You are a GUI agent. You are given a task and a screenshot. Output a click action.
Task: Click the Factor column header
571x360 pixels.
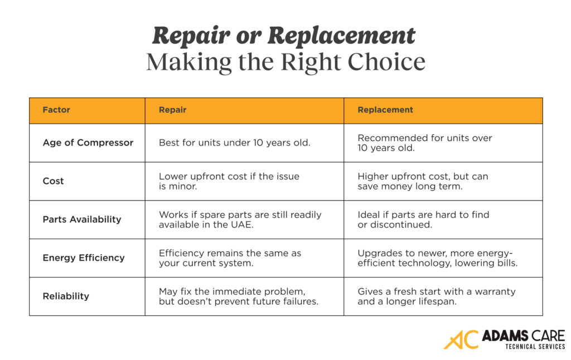coord(56,110)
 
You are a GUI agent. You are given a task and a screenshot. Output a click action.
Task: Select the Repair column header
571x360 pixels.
coord(172,110)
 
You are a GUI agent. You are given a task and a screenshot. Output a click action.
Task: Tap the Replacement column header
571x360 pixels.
coord(385,110)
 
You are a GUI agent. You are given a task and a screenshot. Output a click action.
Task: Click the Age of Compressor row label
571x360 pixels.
coord(88,143)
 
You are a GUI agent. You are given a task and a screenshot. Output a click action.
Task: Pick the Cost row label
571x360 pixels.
coord(54,181)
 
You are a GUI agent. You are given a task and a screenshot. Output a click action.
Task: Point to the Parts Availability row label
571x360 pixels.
coord(82,220)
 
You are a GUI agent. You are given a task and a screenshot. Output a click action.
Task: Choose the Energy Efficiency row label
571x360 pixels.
coord(84,258)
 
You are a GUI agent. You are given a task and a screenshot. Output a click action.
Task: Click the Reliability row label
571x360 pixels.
coord(65,296)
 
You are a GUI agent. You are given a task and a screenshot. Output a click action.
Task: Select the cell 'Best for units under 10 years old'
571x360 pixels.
coord(234,143)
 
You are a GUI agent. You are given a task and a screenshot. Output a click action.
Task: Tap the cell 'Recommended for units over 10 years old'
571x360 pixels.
coord(425,143)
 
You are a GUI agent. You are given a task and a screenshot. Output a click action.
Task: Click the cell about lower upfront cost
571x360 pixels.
coord(229,181)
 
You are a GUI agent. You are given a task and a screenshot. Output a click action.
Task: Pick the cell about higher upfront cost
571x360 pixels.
coord(423,181)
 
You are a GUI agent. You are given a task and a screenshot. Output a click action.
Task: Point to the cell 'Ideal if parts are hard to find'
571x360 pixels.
coord(423,220)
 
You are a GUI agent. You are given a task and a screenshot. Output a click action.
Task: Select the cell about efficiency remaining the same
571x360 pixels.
coord(230,258)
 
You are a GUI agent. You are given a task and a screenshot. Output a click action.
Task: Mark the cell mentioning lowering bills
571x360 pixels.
coord(437,258)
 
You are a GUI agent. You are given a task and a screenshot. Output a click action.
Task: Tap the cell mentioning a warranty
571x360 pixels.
coord(436,296)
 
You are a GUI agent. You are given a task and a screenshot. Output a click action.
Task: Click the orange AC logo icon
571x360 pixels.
coord(461,340)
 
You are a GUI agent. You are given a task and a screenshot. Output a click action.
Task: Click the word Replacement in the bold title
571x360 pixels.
coord(341,36)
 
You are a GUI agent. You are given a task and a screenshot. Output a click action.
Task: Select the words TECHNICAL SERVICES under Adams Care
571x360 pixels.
coord(535,347)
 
